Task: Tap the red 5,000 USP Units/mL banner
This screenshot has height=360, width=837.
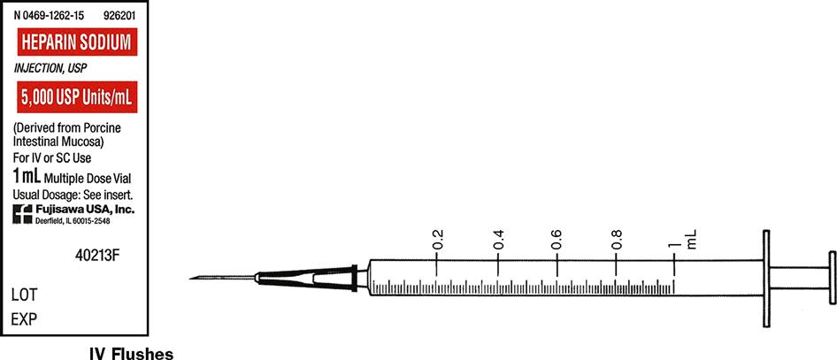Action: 77,97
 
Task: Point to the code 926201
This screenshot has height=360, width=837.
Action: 120,17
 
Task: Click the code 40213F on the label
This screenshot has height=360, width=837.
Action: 97,256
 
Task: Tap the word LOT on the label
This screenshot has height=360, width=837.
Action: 24,295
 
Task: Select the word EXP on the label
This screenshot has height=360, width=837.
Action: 24,319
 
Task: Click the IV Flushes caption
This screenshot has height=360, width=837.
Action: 131,354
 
